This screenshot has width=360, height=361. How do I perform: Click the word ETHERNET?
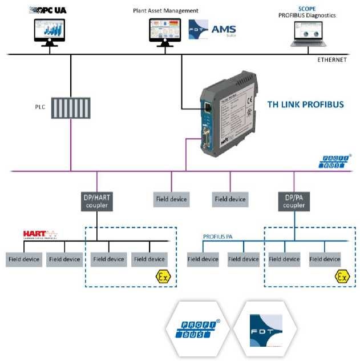tap(331, 59)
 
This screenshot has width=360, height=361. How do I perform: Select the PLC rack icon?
tap(71, 107)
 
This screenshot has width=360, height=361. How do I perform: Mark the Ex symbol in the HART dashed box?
tap(163, 277)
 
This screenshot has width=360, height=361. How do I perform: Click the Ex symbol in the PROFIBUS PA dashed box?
tap(342, 277)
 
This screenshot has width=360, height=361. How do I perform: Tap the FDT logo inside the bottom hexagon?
tap(265, 331)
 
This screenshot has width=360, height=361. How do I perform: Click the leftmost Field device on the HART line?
tap(24, 259)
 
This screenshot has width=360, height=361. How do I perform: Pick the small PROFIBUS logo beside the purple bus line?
tap(331, 162)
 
